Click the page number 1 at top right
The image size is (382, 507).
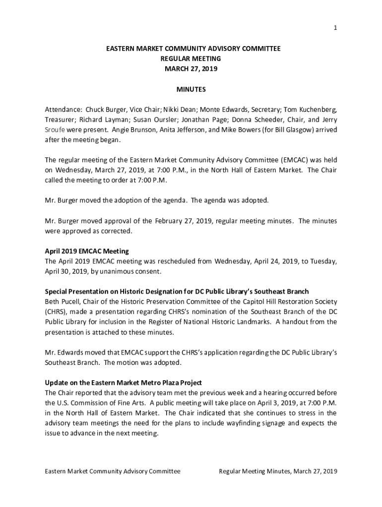[x=335, y=28]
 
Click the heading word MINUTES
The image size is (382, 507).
[x=191, y=90]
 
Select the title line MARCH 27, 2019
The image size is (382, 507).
[x=191, y=69]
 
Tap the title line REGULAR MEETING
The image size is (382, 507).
[x=191, y=59]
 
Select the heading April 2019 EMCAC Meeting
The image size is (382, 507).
[x=87, y=251]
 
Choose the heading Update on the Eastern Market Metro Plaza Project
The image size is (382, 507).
[x=124, y=383]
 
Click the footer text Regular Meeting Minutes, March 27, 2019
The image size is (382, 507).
[x=278, y=471]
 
